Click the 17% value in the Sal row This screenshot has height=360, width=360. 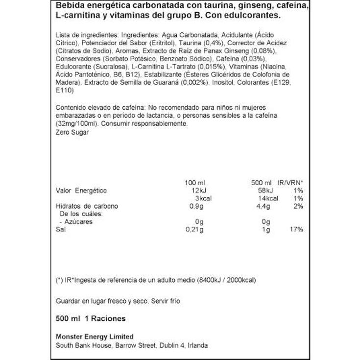point(296,230)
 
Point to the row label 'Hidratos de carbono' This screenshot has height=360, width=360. point(87,206)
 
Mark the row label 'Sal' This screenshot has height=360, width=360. point(61,230)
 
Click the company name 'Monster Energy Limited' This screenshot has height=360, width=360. point(95,336)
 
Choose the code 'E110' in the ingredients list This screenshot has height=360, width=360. point(64,91)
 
